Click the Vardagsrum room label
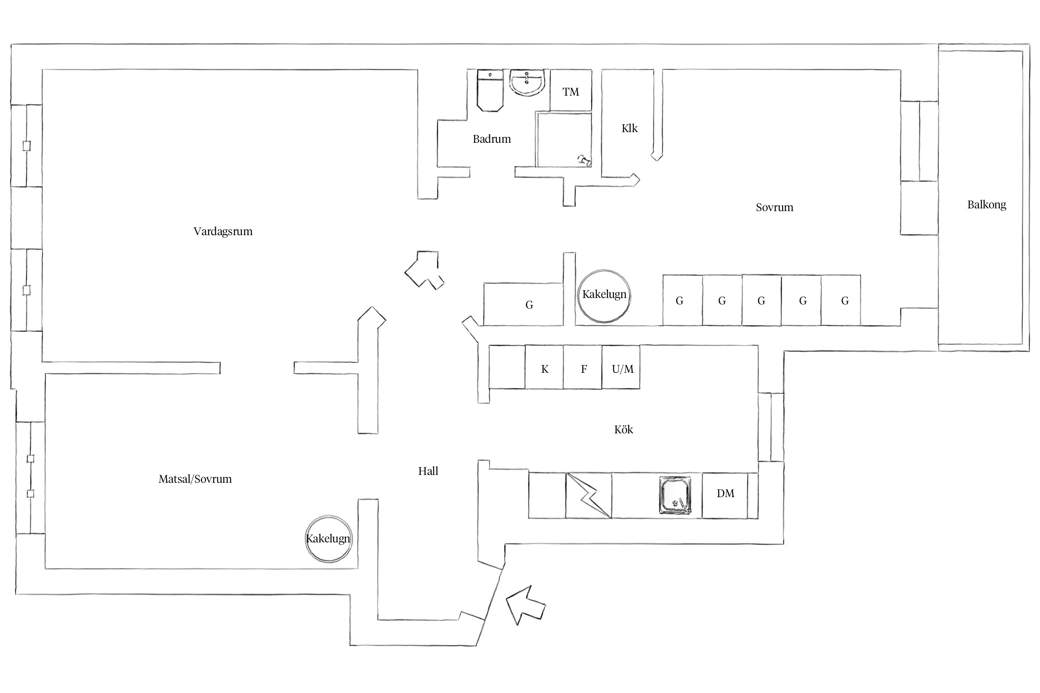pyautogui.click(x=223, y=231)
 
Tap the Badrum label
pyautogui.click(x=491, y=139)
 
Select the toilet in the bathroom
pyautogui.click(x=490, y=91)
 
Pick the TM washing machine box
pyautogui.click(x=571, y=91)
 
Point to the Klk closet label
pyautogui.click(x=630, y=128)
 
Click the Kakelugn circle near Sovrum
pyautogui.click(x=604, y=296)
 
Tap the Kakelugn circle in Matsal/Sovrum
pyautogui.click(x=329, y=539)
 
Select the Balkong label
pyautogui.click(x=986, y=205)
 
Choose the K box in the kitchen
pyautogui.click(x=544, y=367)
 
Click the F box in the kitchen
pyautogui.click(x=582, y=367)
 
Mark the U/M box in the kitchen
pyautogui.click(x=621, y=367)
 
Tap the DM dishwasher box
pyautogui.click(x=725, y=495)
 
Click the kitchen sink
pyautogui.click(x=675, y=495)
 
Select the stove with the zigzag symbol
pyautogui.click(x=589, y=495)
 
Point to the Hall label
pyautogui.click(x=428, y=471)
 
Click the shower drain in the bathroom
pyautogui.click(x=584, y=160)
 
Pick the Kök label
pyautogui.click(x=624, y=430)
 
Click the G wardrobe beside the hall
pyautogui.click(x=523, y=304)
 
